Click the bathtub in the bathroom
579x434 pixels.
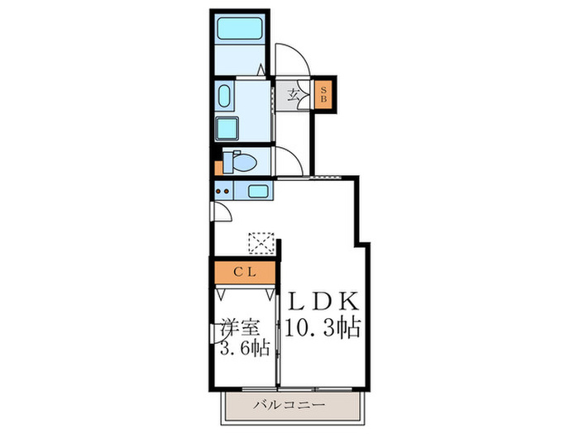click(x=240, y=32)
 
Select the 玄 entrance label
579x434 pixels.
click(x=294, y=93)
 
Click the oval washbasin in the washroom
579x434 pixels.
click(x=225, y=98)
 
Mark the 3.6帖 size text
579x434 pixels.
click(x=243, y=348)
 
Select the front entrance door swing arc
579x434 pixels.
click(x=294, y=57)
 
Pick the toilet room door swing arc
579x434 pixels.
click(x=291, y=160)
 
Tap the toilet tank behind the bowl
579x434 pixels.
click(x=229, y=160)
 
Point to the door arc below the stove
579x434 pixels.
click(x=220, y=212)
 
